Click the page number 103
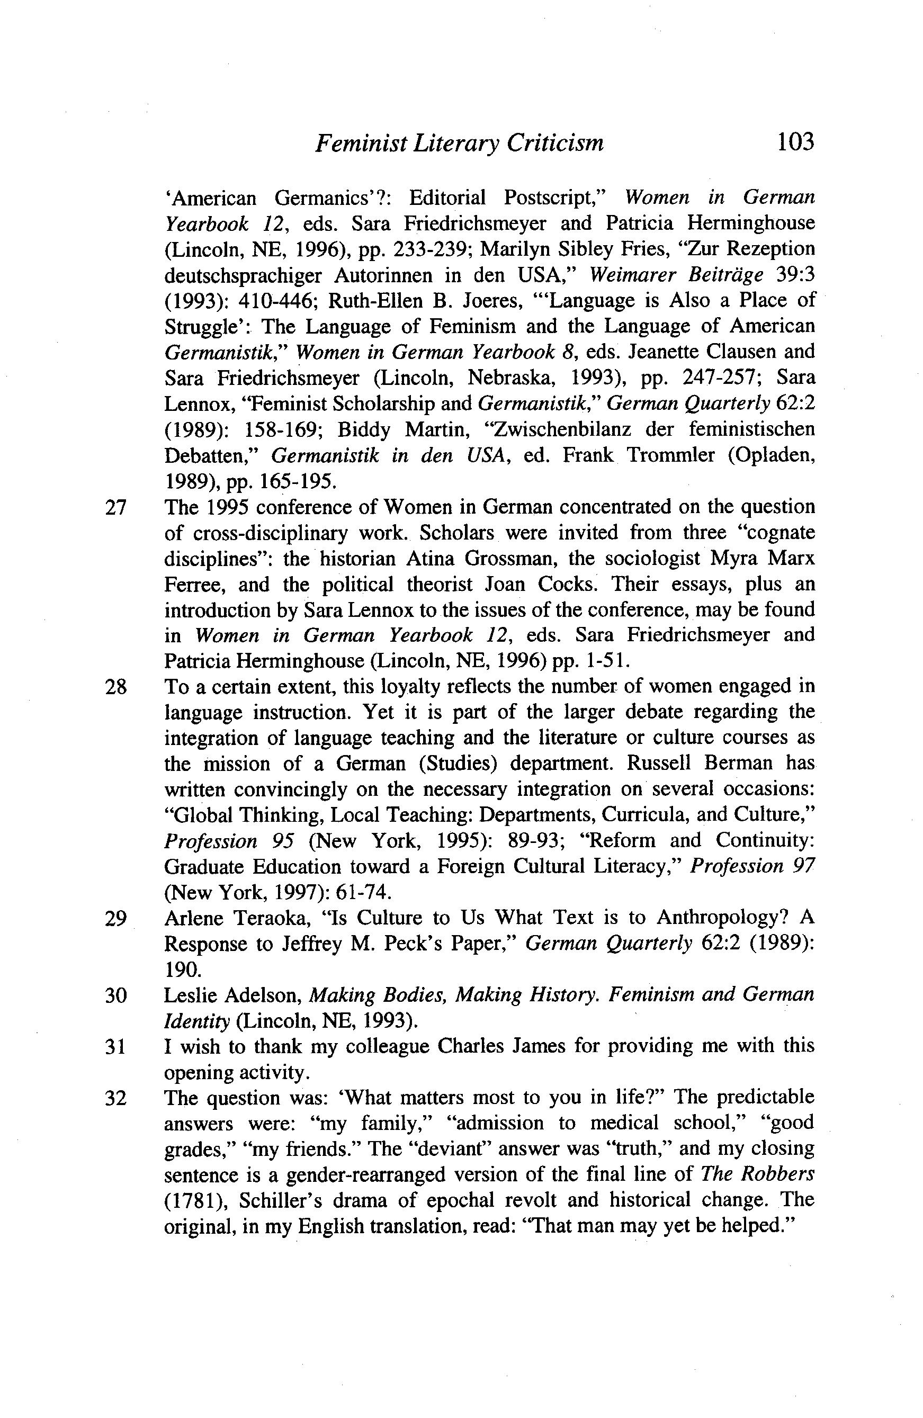[x=794, y=142]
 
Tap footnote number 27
[x=115, y=507]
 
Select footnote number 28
[x=115, y=687]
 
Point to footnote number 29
[x=115, y=919]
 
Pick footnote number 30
[x=115, y=995]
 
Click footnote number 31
[x=115, y=1047]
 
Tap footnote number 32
[x=115, y=1098]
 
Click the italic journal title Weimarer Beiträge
[x=676, y=275]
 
